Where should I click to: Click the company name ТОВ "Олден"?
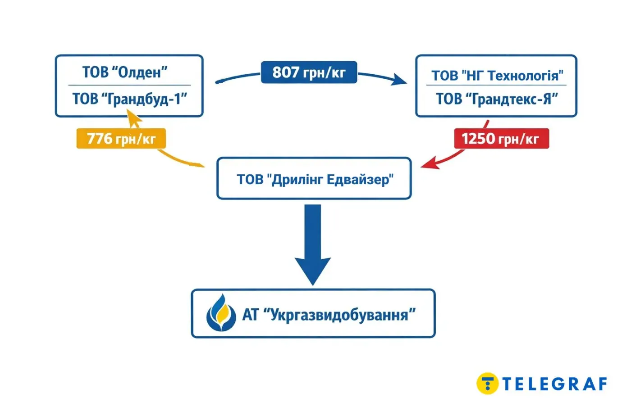tap(125, 72)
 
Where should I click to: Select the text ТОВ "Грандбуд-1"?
tap(130, 99)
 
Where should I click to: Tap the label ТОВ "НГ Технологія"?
tap(497, 75)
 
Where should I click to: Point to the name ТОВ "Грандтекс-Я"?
tap(497, 99)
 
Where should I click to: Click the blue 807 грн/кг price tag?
tap(309, 72)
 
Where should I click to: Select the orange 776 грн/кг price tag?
tap(121, 139)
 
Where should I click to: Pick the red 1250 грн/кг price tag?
tap(501, 139)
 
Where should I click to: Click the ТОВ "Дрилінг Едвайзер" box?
tap(314, 179)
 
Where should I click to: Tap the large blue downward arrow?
tap(313, 243)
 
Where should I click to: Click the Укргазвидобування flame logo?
tap(221, 313)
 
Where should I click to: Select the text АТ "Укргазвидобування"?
tap(329, 314)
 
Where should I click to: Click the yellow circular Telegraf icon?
tap(487, 384)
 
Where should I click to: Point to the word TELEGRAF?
tap(554, 384)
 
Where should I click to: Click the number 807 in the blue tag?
tap(286, 72)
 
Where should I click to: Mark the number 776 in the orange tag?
tap(99, 138)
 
